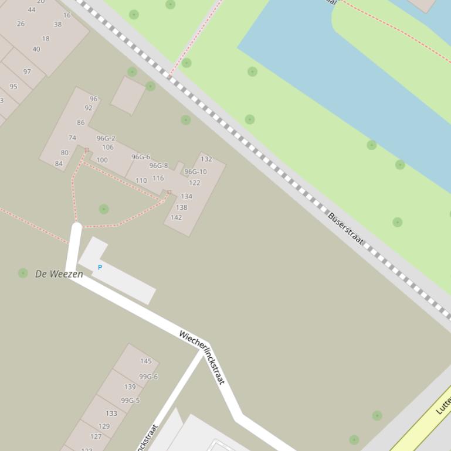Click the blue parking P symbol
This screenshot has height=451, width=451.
(x=100, y=267)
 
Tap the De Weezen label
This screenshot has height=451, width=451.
(x=59, y=274)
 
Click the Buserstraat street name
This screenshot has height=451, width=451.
(x=345, y=228)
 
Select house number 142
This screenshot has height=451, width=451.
(x=176, y=217)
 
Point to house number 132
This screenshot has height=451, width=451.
(x=206, y=159)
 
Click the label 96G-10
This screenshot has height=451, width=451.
(x=195, y=172)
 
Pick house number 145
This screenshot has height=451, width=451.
(x=146, y=361)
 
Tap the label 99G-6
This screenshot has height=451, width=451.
(x=148, y=377)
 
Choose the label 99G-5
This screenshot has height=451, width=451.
(x=130, y=401)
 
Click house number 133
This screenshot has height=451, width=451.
(x=111, y=413)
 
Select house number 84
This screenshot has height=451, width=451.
(x=59, y=163)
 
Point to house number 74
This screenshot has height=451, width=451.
(x=72, y=138)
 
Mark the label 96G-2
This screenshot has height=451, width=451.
(x=106, y=138)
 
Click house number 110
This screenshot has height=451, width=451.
(x=141, y=180)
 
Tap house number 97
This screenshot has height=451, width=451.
(x=27, y=71)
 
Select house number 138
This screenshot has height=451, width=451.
(x=181, y=207)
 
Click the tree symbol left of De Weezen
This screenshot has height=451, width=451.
(x=23, y=273)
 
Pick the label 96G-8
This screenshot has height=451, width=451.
(x=158, y=166)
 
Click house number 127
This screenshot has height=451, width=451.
(x=96, y=436)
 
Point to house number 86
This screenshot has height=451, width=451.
(x=80, y=122)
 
